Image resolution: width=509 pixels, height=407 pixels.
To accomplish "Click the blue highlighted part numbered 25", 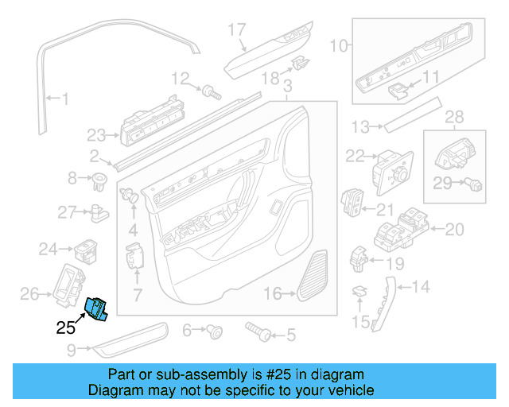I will tap(97, 308).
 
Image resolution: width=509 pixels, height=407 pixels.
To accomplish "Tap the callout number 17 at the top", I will tap(238, 30).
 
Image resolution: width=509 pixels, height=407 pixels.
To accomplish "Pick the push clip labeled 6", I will tap(214, 330).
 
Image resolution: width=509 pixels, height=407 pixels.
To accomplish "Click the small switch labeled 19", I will tap(359, 257).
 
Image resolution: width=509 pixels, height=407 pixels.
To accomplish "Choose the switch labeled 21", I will tap(352, 203).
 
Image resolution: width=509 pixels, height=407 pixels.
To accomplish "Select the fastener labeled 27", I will tap(99, 212).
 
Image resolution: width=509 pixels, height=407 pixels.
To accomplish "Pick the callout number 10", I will tap(340, 46).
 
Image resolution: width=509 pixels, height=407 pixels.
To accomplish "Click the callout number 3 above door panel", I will tap(287, 85).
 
